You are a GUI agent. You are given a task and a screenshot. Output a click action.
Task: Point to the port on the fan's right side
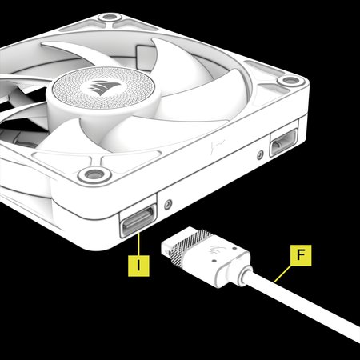point(282,145)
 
